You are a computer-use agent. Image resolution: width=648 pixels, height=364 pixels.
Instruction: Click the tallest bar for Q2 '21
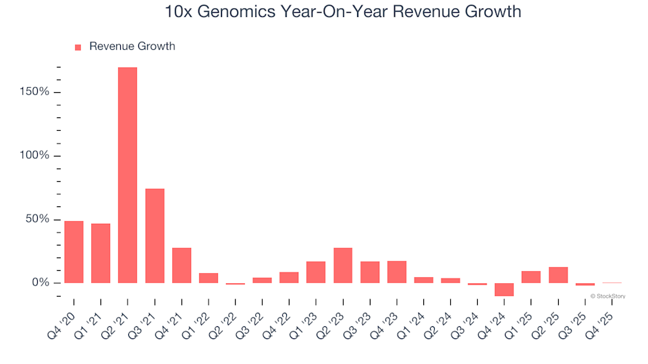pyautogui.click(x=128, y=175)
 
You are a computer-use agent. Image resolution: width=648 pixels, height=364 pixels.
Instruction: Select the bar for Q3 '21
pyautogui.click(x=155, y=236)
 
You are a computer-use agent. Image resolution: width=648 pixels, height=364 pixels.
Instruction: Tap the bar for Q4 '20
pyautogui.click(x=74, y=252)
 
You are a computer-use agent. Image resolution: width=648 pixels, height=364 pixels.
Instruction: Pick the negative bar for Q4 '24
pyautogui.click(x=504, y=289)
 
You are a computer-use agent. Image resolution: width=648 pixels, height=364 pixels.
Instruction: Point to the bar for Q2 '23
pyautogui.click(x=343, y=266)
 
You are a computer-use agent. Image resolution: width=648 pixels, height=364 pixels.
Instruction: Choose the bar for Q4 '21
pyautogui.click(x=182, y=266)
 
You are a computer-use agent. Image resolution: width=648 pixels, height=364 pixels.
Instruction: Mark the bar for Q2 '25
pyautogui.click(x=558, y=275)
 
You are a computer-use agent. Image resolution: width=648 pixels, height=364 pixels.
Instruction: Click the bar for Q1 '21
pyautogui.click(x=101, y=253)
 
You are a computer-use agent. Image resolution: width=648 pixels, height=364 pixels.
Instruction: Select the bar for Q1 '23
pyautogui.click(x=316, y=272)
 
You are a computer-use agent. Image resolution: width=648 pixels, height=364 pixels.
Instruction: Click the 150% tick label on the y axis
pyautogui.click(x=34, y=92)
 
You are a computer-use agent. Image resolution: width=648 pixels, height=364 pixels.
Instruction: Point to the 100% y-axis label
pyautogui.click(x=34, y=156)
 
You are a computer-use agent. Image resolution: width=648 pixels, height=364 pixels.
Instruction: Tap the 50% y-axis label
pyautogui.click(x=37, y=219)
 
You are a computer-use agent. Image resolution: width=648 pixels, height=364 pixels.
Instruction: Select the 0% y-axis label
pyautogui.click(x=40, y=283)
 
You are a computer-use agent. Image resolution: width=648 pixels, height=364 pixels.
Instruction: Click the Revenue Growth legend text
pyautogui.click(x=132, y=47)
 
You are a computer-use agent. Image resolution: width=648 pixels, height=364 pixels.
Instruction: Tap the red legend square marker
pyautogui.click(x=78, y=47)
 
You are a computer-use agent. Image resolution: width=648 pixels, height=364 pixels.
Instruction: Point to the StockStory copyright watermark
pyautogui.click(x=607, y=296)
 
